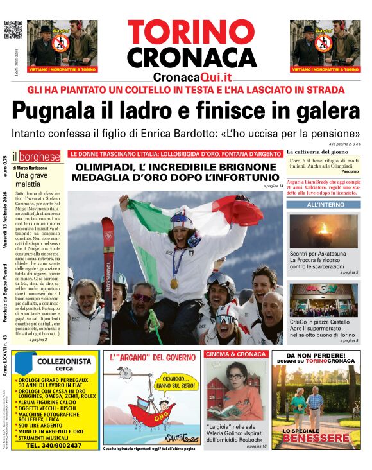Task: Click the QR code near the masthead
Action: [x=13, y=30]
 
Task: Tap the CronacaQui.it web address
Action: [x=192, y=76]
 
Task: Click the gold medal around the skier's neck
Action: [x=174, y=283]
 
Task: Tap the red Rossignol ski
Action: [x=108, y=270]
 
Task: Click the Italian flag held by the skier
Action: [x=192, y=218]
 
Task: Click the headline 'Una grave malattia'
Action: [x=31, y=179]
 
